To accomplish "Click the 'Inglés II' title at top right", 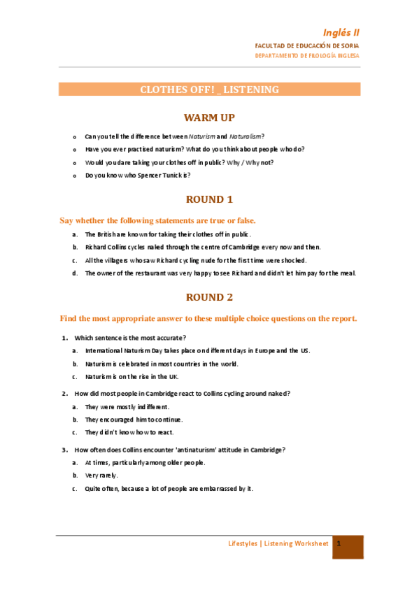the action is [x=341, y=32].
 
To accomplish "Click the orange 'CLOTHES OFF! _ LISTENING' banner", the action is [x=209, y=90].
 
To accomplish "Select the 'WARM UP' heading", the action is [x=209, y=117].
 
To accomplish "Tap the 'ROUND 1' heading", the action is [x=209, y=199].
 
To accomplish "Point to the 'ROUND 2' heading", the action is [x=209, y=297].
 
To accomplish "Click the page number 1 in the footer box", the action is [x=339, y=543].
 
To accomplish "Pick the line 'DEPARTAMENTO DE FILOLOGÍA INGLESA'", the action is [x=307, y=55].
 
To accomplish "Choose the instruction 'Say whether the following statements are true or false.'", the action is [x=157, y=220].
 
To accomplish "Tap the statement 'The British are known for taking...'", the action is [x=167, y=234].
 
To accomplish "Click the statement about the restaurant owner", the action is [x=220, y=273].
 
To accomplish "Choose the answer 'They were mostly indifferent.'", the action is [x=127, y=406].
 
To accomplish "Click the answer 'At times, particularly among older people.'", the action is [x=145, y=462].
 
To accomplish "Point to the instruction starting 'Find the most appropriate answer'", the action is [x=208, y=319].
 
